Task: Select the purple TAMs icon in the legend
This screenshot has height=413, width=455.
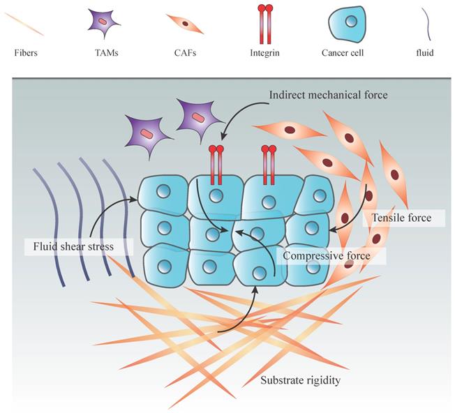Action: pos(103,23)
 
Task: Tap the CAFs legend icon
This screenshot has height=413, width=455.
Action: pos(185,24)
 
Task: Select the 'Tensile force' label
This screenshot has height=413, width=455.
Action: pos(402,218)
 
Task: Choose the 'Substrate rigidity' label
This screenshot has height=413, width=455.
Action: pos(301,380)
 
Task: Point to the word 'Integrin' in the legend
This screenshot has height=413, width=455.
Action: pos(265,52)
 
